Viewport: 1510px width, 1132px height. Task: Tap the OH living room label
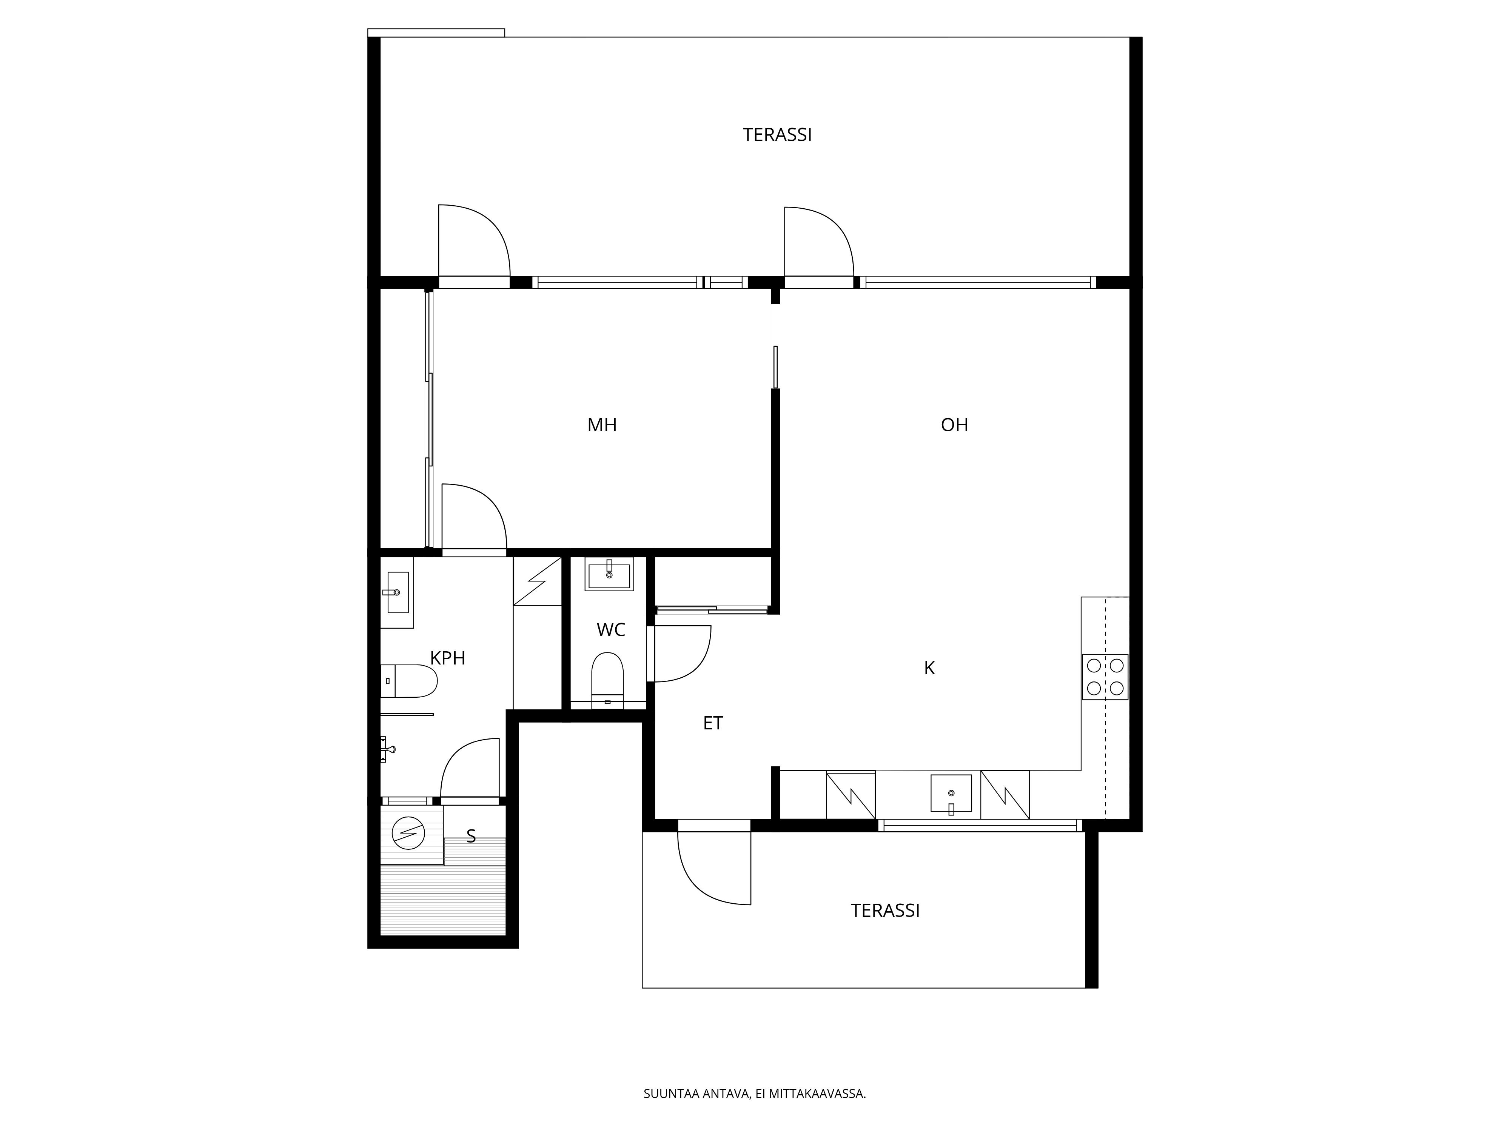pyautogui.click(x=954, y=425)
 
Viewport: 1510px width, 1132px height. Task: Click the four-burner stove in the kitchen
pyautogui.click(x=1105, y=677)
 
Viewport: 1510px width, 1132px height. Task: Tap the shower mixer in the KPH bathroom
pyautogui.click(x=387, y=749)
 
